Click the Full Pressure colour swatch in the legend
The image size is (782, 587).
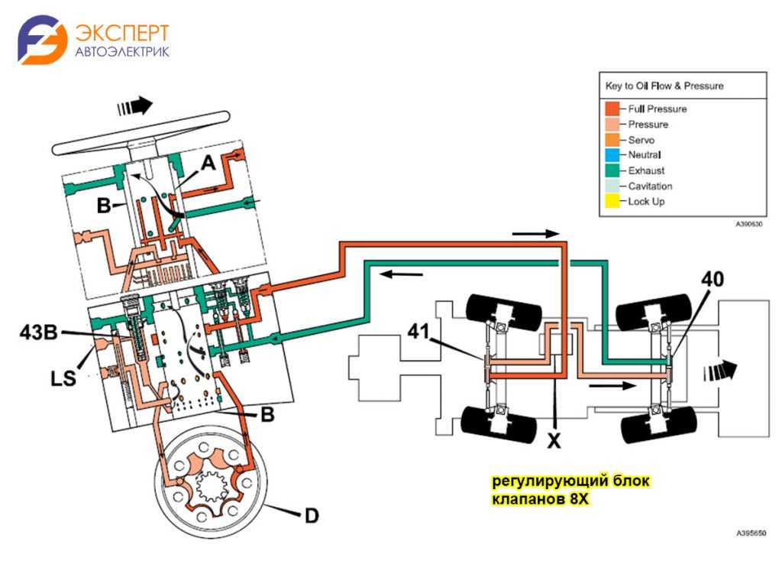pos(612,109)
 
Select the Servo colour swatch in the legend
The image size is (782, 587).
pos(612,140)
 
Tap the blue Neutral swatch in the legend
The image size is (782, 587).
pos(612,155)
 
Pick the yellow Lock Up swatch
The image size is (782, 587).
pos(612,202)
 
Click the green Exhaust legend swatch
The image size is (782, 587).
pos(612,170)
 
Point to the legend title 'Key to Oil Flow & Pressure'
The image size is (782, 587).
pos(664,86)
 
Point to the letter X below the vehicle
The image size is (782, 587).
pos(555,441)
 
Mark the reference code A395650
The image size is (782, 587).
pos(751,533)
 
